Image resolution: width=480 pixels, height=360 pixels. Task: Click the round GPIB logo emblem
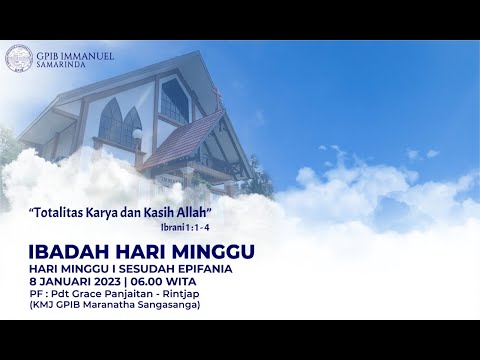(x=18, y=58)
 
